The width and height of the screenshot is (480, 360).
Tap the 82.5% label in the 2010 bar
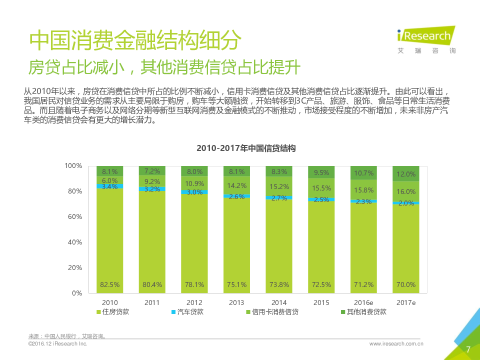click(x=109, y=284)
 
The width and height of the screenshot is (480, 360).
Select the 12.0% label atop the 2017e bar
click(x=406, y=174)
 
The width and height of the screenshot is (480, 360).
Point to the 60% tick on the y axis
click(x=74, y=216)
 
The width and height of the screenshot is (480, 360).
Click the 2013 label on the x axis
click(x=236, y=302)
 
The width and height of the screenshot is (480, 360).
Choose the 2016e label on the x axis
click(x=364, y=302)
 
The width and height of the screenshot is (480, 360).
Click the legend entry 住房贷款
click(x=115, y=312)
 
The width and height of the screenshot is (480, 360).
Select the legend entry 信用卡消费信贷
click(x=275, y=312)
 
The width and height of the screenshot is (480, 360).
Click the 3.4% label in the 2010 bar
click(x=109, y=186)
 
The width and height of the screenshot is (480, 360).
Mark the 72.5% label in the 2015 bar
click(x=321, y=284)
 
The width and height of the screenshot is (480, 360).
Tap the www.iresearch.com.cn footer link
click(x=396, y=344)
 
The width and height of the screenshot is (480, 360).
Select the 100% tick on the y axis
click(x=73, y=165)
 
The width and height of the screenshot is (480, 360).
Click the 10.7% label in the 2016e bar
click(x=363, y=173)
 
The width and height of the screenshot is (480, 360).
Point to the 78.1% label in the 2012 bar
click(x=194, y=284)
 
